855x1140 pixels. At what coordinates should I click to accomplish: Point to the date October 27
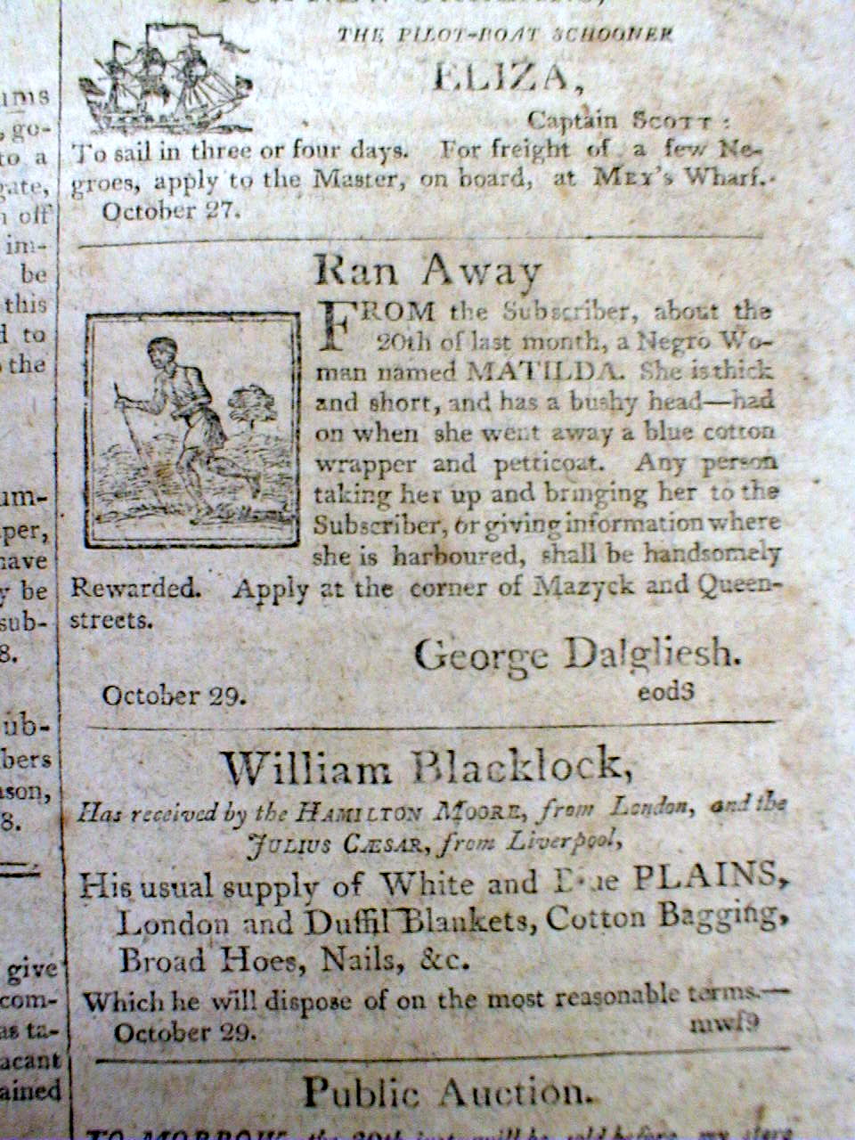(160, 211)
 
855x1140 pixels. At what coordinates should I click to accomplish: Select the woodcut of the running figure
(192, 432)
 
